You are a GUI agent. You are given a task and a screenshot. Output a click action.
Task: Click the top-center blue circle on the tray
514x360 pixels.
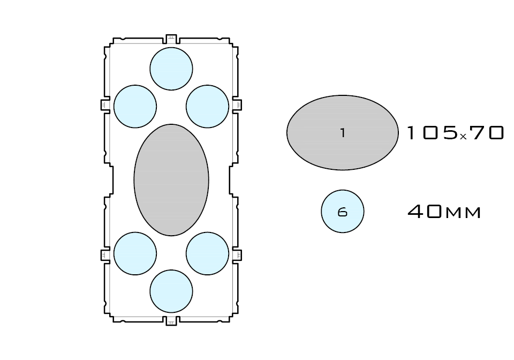tap(171, 69)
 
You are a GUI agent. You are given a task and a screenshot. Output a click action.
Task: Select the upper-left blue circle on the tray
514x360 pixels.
tap(135, 106)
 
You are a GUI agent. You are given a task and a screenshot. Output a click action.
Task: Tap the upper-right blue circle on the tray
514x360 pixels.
tap(207, 106)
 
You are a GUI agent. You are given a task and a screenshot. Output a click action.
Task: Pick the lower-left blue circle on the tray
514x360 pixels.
tap(135, 253)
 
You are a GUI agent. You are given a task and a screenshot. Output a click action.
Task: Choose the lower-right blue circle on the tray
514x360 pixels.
tap(207, 253)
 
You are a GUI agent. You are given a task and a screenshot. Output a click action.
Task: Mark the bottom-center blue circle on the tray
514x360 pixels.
tap(171, 291)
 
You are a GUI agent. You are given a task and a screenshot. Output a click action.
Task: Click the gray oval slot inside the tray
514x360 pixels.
tap(171, 180)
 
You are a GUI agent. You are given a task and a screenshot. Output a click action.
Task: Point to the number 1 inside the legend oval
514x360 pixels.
tap(343, 133)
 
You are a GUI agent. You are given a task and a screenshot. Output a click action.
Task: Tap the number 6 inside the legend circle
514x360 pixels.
tap(343, 212)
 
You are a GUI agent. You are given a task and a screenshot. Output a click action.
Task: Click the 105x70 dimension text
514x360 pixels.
tap(455, 133)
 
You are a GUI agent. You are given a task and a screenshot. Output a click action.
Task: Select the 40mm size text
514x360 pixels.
tap(444, 212)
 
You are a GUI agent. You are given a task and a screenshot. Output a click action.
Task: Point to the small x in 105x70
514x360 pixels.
tap(463, 136)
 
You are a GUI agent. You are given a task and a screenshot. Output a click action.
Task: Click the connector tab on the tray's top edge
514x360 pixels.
tap(171, 39)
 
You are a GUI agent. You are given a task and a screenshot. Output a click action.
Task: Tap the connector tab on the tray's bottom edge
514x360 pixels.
tap(171, 321)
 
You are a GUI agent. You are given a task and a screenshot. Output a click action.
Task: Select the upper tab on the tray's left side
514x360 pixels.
tap(105, 104)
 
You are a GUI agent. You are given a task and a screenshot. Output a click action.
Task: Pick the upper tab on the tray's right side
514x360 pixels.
tap(237, 104)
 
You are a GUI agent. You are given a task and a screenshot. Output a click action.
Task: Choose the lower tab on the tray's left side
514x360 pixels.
tap(105, 255)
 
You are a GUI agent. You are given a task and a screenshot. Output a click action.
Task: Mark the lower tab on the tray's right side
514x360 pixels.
tap(237, 255)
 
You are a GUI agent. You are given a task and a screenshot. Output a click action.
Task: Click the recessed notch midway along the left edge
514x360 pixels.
tap(111, 180)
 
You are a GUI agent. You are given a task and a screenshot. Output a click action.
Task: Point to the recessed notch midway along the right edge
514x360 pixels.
tap(232, 180)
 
